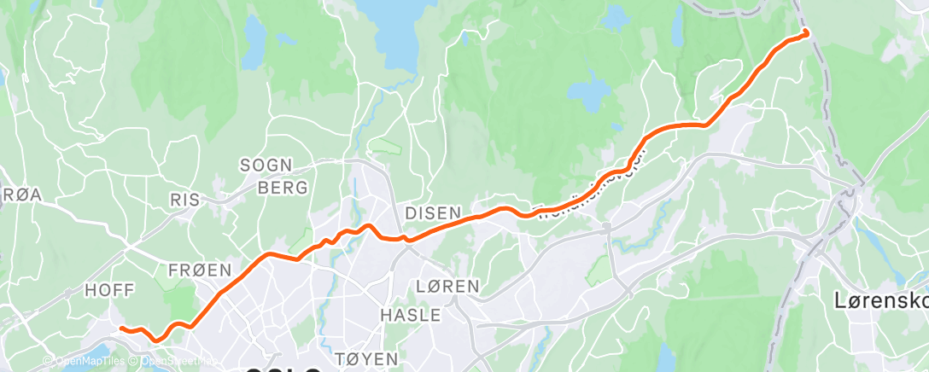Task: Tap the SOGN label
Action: click(266, 165)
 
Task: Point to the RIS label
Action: click(184, 200)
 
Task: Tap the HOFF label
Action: click(109, 290)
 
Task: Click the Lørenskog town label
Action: click(880, 300)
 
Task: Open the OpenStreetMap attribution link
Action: click(171, 361)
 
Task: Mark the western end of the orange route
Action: click(122, 328)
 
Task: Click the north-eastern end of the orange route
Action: click(806, 32)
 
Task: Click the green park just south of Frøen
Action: click(178, 299)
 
